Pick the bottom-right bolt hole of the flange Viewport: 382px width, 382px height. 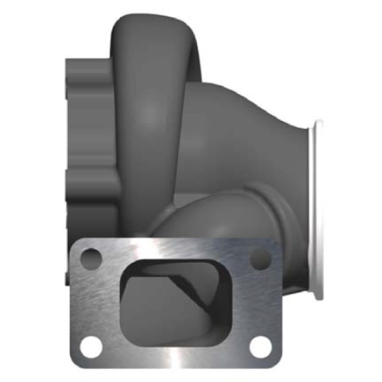tap(260, 345)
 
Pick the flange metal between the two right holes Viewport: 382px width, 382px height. tap(262, 302)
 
